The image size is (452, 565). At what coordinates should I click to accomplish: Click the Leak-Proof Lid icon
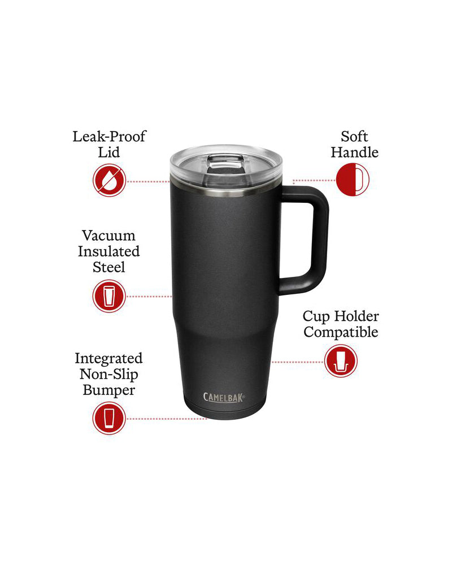pos(109,180)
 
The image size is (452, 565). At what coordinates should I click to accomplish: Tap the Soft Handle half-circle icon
pos(353,180)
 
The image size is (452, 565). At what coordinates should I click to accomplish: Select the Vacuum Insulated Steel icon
pos(109,296)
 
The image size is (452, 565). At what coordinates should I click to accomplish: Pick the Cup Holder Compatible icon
pos(341,361)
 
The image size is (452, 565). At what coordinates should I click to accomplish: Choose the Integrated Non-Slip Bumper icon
pos(109,419)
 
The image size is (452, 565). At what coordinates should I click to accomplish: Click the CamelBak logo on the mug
pos(224,397)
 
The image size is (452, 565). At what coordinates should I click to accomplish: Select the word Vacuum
pos(108,235)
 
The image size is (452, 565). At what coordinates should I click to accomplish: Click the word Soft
pos(354,137)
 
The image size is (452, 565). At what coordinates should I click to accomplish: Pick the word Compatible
pos(341,332)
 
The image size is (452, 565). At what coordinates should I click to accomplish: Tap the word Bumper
pos(108,390)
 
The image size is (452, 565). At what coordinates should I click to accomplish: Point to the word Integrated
pos(108,358)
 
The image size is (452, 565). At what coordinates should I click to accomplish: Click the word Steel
pos(108,267)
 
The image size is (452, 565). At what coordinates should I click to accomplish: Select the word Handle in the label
pos(354,153)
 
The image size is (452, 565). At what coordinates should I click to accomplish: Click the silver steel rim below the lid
pos(225,190)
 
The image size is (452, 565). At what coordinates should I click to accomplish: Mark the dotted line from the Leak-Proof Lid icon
pos(148,181)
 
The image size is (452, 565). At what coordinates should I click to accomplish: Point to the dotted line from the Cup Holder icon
pos(297,362)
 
